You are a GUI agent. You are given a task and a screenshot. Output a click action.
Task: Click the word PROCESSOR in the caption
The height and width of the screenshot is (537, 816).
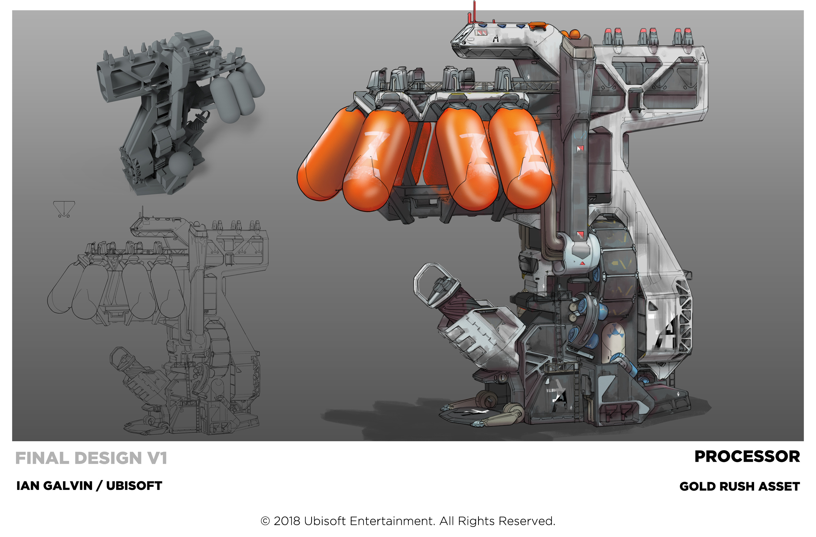click(747, 457)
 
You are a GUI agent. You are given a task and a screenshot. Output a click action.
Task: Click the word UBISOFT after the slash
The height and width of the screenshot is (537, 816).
click(134, 486)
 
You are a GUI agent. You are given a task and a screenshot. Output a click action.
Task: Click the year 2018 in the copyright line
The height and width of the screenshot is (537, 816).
click(287, 521)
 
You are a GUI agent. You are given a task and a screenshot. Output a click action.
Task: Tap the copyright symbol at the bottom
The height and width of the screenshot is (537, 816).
click(265, 521)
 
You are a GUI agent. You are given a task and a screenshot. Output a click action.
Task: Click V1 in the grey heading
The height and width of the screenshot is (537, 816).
click(158, 458)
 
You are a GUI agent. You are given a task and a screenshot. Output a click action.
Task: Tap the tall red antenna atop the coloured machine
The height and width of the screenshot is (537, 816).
click(474, 11)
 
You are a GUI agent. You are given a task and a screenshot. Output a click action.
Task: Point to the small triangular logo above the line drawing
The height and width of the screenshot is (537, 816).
click(64, 209)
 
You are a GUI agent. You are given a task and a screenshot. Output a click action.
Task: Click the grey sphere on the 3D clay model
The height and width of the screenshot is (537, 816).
click(181, 164)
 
